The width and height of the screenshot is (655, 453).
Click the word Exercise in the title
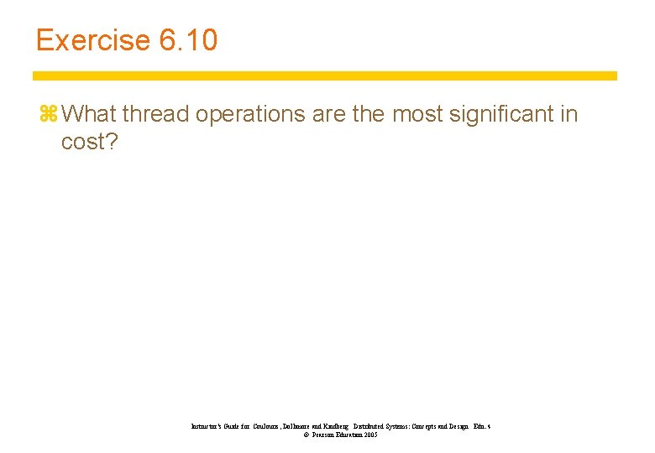click(x=92, y=40)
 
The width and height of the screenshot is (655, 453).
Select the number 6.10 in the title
click(x=187, y=40)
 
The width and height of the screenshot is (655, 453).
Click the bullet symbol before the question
click(x=47, y=114)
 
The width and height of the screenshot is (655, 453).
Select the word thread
click(x=156, y=114)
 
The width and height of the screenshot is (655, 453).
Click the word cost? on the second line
click(x=90, y=143)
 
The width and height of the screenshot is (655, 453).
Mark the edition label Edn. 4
click(x=481, y=427)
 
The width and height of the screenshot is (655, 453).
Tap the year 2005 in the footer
click(x=369, y=435)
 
